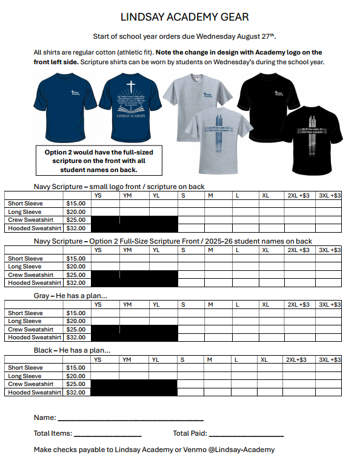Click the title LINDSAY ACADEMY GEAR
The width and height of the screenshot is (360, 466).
[x=184, y=17]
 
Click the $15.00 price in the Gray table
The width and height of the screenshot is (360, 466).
[x=76, y=313]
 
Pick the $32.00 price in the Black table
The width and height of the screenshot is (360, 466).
[x=76, y=393]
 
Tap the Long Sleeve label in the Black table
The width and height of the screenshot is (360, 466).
[x=25, y=376]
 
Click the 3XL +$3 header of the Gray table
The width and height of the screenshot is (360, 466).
[x=330, y=305]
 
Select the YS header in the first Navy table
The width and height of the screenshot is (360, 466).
[x=98, y=196]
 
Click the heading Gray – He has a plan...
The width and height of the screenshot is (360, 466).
[x=71, y=296]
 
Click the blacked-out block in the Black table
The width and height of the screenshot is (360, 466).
[x=134, y=388]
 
